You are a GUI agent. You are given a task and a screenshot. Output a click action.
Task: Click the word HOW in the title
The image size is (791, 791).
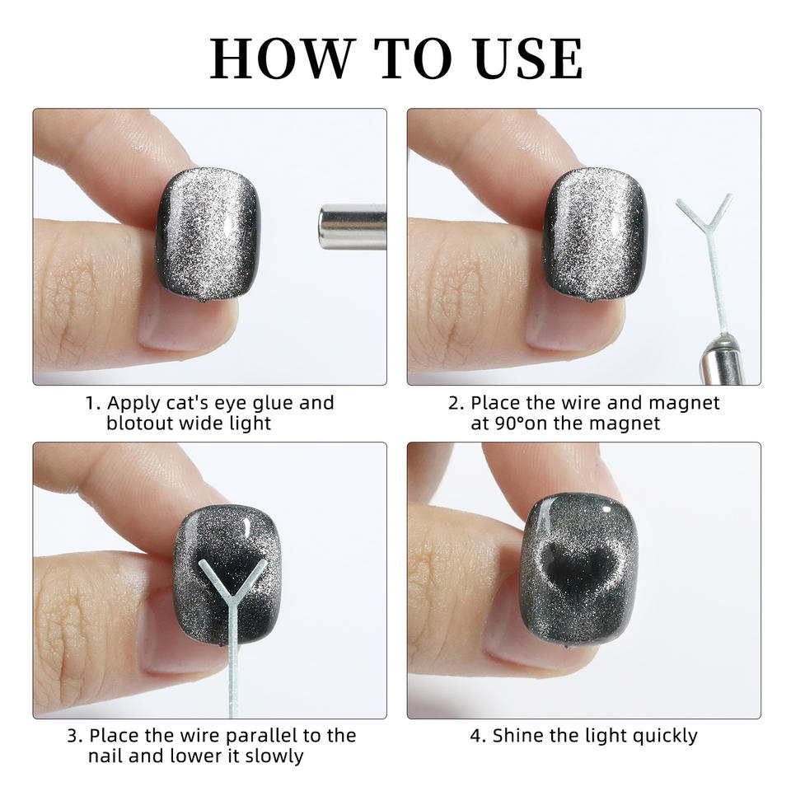280,59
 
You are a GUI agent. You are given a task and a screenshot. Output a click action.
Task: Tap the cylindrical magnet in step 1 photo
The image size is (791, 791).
352,227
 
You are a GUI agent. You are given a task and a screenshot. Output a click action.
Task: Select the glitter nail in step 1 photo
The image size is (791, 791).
208,234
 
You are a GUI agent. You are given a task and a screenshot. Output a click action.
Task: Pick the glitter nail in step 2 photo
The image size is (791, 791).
595,234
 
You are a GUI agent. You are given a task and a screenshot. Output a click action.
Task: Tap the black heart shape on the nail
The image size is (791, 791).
580,567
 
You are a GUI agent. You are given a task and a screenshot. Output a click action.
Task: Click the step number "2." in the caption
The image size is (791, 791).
456,404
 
